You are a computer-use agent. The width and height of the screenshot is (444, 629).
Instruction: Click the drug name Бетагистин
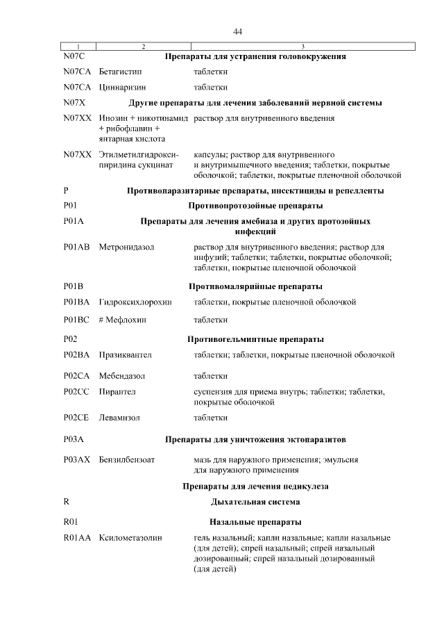point(121,72)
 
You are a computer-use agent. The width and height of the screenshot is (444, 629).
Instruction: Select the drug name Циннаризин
point(123,87)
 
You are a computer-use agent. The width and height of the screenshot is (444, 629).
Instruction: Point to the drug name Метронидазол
point(127,247)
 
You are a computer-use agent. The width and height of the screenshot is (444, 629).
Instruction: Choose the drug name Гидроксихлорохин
point(135,302)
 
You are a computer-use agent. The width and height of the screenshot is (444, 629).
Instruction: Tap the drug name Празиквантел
point(126,355)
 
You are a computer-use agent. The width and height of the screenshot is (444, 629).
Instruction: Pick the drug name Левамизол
point(120,418)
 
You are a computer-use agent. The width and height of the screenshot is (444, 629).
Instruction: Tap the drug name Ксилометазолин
point(130,539)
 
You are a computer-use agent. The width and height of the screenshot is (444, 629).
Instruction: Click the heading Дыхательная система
point(255,501)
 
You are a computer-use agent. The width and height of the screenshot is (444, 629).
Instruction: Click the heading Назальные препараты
point(255,522)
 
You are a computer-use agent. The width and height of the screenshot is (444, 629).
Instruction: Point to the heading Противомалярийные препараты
point(255,286)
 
